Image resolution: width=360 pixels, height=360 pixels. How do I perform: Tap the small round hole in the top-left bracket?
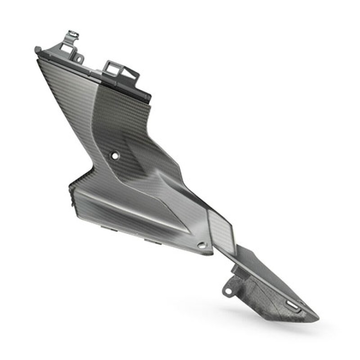point(79,58)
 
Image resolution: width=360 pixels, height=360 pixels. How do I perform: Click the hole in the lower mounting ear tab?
point(227,290)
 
